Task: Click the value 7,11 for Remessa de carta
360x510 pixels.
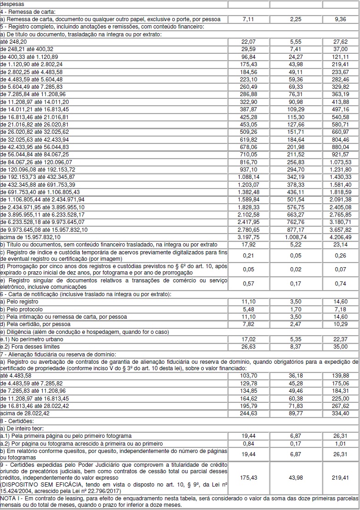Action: click(249, 19)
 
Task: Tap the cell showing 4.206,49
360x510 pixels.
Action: click(340, 237)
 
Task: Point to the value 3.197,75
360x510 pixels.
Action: click(249, 237)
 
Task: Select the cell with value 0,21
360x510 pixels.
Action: click(249, 255)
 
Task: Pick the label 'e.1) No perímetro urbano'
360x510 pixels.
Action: click(32, 339)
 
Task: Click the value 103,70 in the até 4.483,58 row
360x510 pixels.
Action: click(249, 376)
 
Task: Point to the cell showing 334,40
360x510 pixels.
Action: click(340, 413)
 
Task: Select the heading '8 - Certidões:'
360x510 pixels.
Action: click(18, 421)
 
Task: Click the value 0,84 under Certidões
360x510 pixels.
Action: click(249, 443)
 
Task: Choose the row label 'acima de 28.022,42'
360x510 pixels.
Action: click(24, 413)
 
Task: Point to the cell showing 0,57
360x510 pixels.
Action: click(249, 284)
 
